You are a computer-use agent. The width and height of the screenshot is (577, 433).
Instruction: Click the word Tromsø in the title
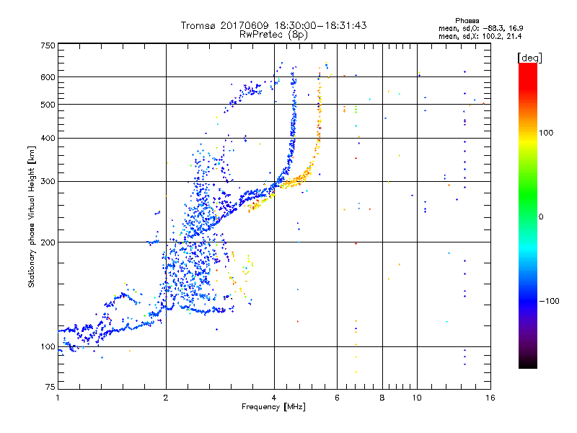[x=196, y=25]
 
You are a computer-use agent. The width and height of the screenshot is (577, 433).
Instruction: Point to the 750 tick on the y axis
[x=47, y=45]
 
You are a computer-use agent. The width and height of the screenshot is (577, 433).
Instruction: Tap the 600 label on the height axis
[x=47, y=77]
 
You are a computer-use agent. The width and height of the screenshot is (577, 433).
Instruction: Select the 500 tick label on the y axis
[x=47, y=105]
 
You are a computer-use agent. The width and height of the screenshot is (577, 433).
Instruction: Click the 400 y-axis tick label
[x=47, y=138]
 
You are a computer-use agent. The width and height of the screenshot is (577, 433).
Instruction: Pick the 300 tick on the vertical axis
[x=47, y=181]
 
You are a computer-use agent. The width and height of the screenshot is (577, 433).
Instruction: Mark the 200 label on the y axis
[x=47, y=242]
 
